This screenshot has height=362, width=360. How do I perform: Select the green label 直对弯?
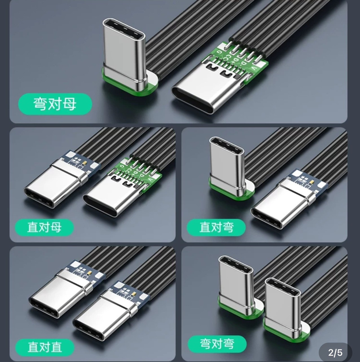click(216, 227)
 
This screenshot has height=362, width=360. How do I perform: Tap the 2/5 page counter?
click(336, 352)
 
